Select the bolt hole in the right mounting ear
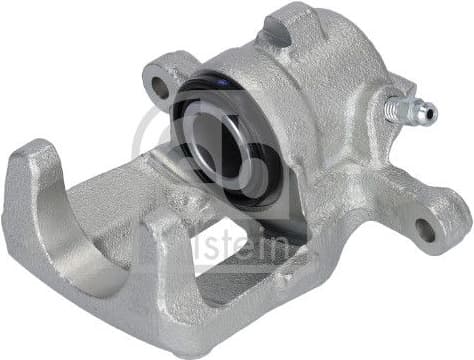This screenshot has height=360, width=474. tap(425, 228)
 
